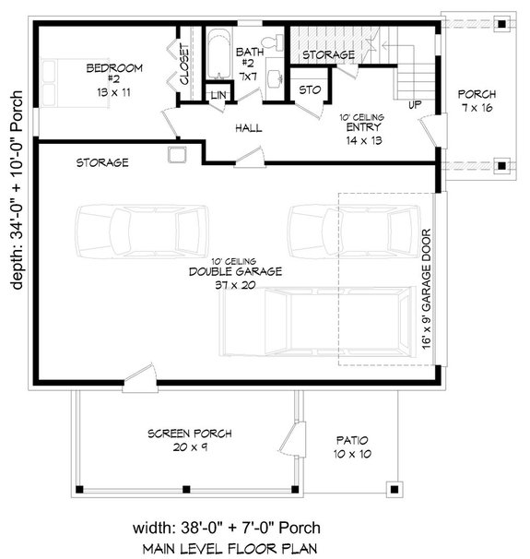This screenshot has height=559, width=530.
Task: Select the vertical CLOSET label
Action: (184, 65)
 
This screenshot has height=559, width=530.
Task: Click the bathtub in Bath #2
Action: (218, 60)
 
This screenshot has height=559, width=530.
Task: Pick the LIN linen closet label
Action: (218, 96)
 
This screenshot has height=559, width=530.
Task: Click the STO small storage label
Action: (309, 90)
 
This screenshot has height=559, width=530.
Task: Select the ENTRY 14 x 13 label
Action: (361, 135)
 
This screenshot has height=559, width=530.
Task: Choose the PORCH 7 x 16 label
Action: (477, 101)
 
